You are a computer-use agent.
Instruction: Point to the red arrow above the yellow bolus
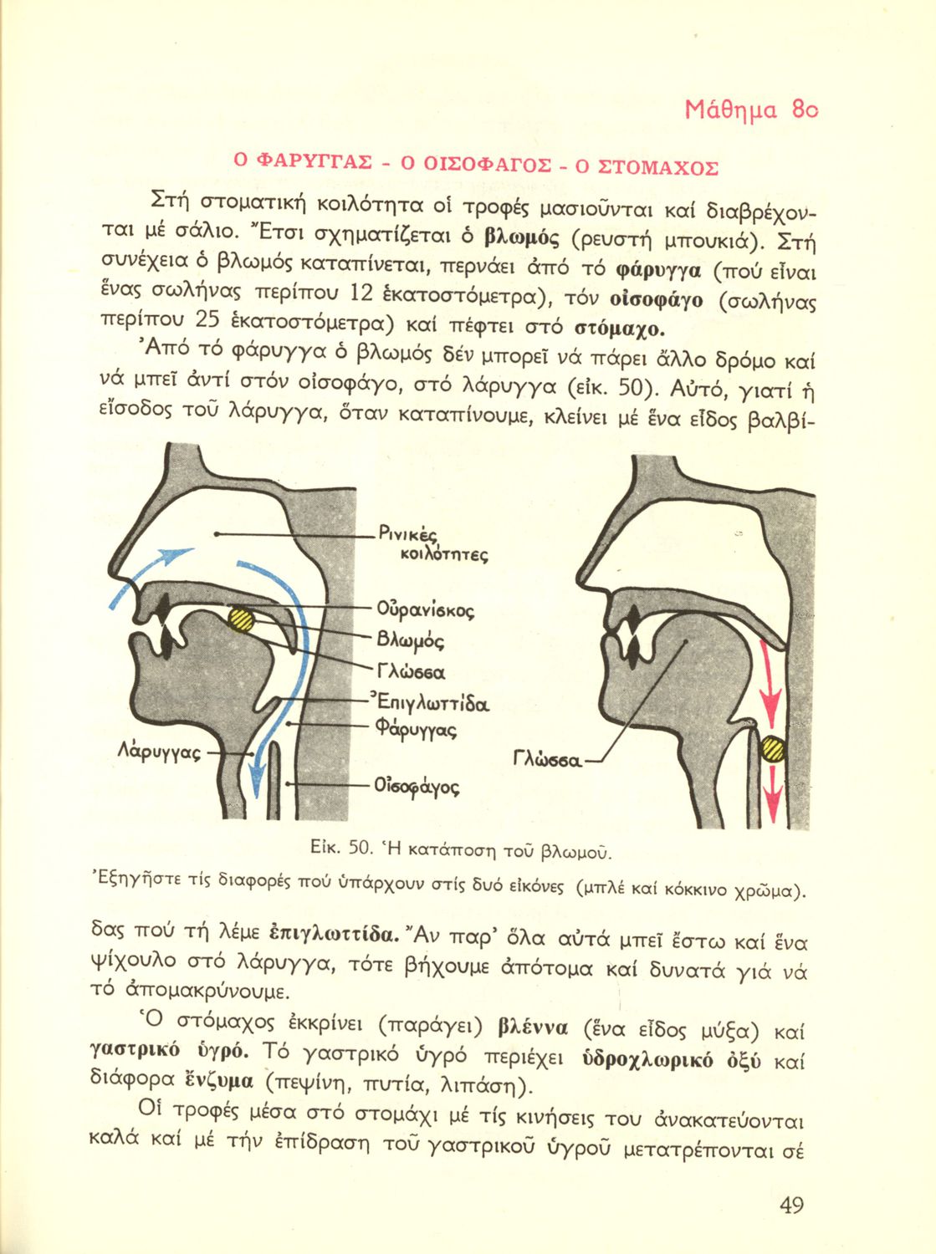(769, 681)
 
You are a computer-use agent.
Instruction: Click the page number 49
(790, 1205)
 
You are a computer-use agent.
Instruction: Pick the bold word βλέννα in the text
(532, 1027)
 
